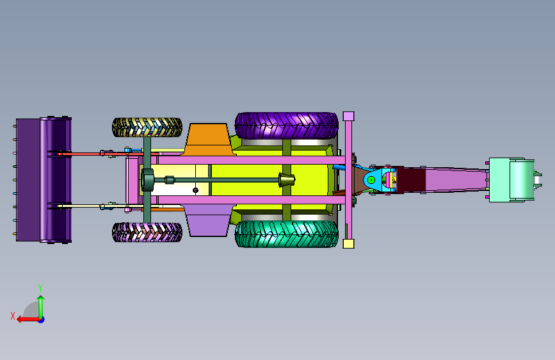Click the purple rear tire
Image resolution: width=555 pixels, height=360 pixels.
(286, 126)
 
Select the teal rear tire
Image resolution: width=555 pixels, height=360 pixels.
(286, 234)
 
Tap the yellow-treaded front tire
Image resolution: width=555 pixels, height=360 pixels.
(147, 127)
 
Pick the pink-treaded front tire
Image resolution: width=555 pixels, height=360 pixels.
(147, 232)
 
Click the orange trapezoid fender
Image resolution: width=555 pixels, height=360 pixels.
(209, 139)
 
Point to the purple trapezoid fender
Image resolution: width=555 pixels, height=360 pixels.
(209, 220)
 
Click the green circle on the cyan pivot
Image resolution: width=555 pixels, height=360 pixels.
(371, 180)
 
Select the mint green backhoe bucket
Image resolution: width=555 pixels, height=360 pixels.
(512, 180)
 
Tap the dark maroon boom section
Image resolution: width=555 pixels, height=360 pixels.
(412, 180)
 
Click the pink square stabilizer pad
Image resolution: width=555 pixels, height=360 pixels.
(349, 116)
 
